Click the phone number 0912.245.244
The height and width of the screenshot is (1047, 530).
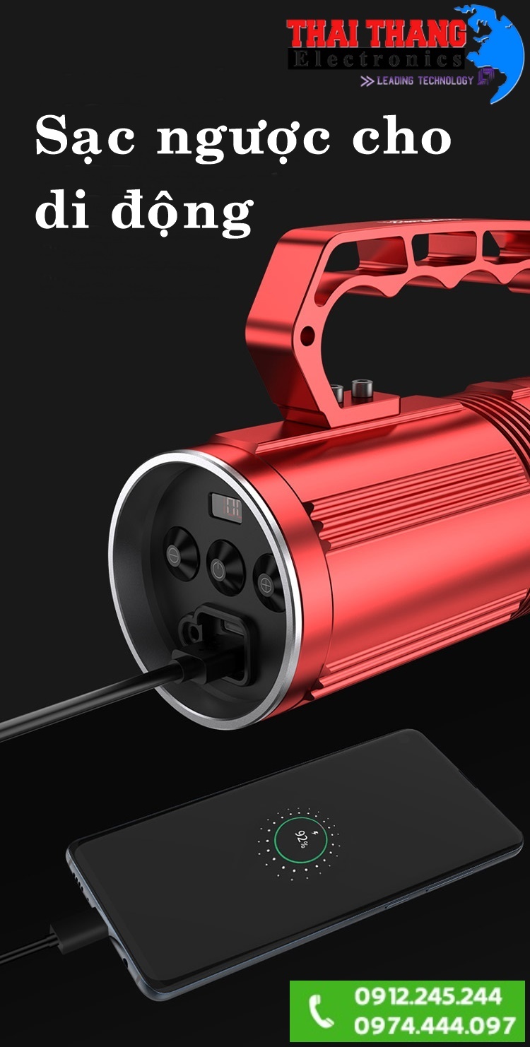pyautogui.click(x=428, y=996)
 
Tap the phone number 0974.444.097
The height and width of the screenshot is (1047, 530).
pyautogui.click(x=434, y=1025)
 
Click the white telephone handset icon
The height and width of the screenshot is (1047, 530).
pyautogui.click(x=321, y=1011)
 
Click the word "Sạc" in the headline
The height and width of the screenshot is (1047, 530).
pyautogui.click(x=85, y=138)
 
